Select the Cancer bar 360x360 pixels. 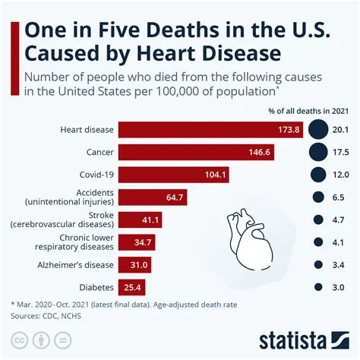pos(193,152)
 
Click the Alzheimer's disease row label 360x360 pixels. pos(75,265)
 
